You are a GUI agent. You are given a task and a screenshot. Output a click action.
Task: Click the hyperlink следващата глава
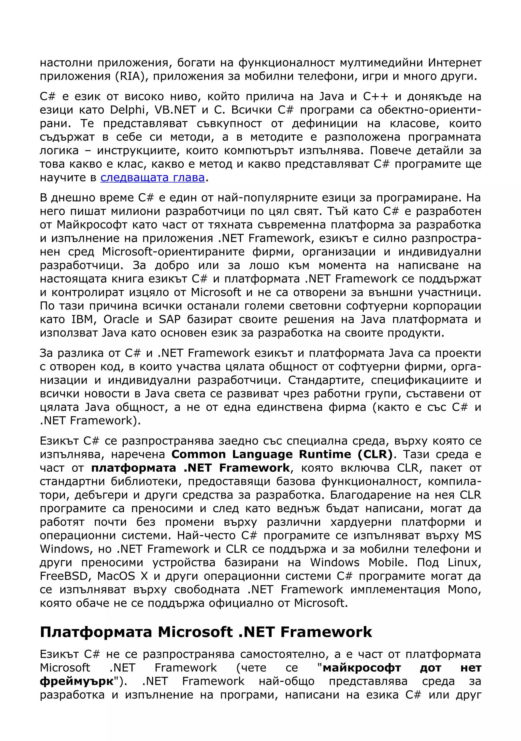pos(152,178)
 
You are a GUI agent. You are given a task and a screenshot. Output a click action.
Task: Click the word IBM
pos(82,319)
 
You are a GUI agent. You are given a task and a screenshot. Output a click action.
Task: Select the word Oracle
pos(121,319)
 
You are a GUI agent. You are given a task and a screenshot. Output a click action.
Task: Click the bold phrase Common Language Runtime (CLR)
pos(282,454)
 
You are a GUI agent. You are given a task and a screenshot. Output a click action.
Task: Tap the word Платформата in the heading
pos(96,632)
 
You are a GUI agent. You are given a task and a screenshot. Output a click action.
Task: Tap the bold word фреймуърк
pos(77,681)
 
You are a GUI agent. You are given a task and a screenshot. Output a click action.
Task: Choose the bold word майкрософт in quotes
pos(361,668)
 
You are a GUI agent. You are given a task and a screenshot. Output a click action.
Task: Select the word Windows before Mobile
pos(335,562)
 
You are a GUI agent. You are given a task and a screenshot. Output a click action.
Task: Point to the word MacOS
pos(116,576)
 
